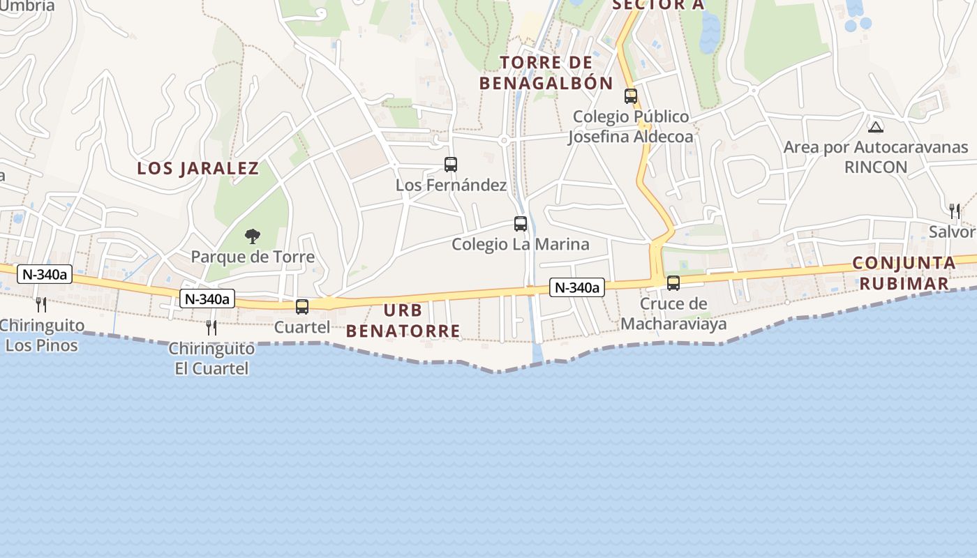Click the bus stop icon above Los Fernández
(x=451, y=165)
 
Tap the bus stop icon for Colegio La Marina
(x=521, y=224)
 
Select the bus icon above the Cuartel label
(x=302, y=306)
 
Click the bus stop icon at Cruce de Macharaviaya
(x=673, y=283)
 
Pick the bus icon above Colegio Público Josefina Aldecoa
(x=631, y=96)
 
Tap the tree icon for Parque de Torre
(x=253, y=236)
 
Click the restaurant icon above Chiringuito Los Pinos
(x=41, y=305)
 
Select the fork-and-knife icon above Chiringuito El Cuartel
(x=211, y=327)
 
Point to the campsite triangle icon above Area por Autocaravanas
(x=875, y=127)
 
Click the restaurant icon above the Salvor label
(x=955, y=211)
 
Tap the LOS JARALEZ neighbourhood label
(x=198, y=168)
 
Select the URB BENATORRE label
(x=403, y=321)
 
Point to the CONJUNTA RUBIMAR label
(x=904, y=273)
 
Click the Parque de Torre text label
(x=253, y=257)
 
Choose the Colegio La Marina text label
(x=521, y=244)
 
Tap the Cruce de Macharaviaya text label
(x=673, y=314)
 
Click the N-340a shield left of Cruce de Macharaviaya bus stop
(x=576, y=287)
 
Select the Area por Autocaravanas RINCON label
(x=876, y=157)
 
